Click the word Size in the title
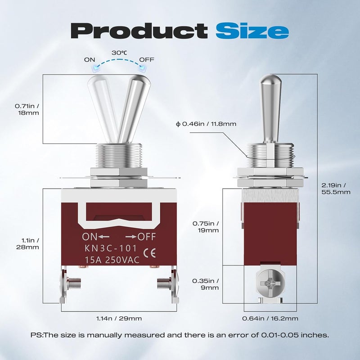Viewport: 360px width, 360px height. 252,31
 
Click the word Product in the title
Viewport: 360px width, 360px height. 139,31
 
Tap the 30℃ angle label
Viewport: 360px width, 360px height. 119,53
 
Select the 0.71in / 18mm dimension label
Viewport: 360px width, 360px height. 27,109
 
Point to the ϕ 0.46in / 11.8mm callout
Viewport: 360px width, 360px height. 206,124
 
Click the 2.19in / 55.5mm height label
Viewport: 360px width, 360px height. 336,189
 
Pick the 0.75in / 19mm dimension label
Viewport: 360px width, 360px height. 206,227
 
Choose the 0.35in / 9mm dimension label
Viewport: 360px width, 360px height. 206,284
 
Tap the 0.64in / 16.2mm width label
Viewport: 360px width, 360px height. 270,319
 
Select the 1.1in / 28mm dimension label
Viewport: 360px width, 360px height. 27,243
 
